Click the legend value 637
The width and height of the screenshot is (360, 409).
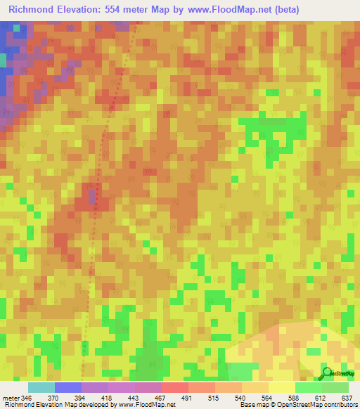click(348, 398)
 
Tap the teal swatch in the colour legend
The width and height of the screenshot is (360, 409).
click(41, 388)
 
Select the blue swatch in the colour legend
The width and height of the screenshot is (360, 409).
click(68, 388)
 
